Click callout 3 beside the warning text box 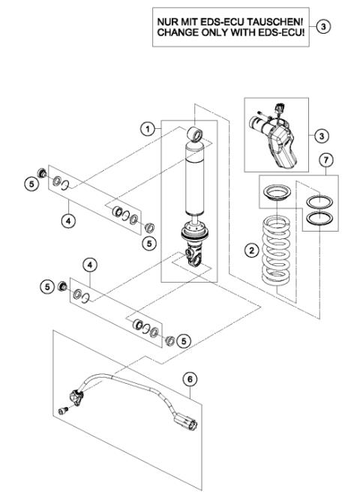pyautogui.click(x=323, y=27)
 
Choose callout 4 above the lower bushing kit pyautogui.click(x=89, y=265)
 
